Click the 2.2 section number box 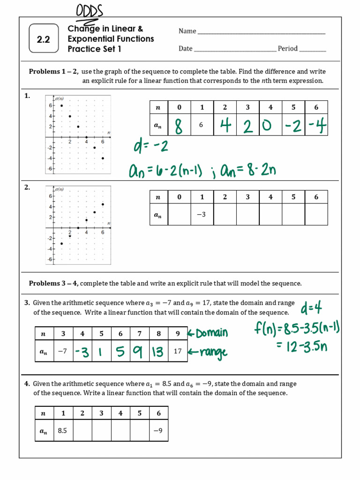tap(44, 39)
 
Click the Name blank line tap(261, 32)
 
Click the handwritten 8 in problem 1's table tap(179, 126)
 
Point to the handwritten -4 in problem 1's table tap(317, 126)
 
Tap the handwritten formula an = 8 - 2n tap(248, 170)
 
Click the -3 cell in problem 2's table tap(202, 215)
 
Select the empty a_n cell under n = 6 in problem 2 tap(316, 215)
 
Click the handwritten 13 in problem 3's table tap(158, 352)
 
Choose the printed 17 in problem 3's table tap(178, 351)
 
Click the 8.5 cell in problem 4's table tap(63, 430)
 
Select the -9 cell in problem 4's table tap(158, 430)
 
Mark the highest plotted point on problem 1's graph tap(61, 105)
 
